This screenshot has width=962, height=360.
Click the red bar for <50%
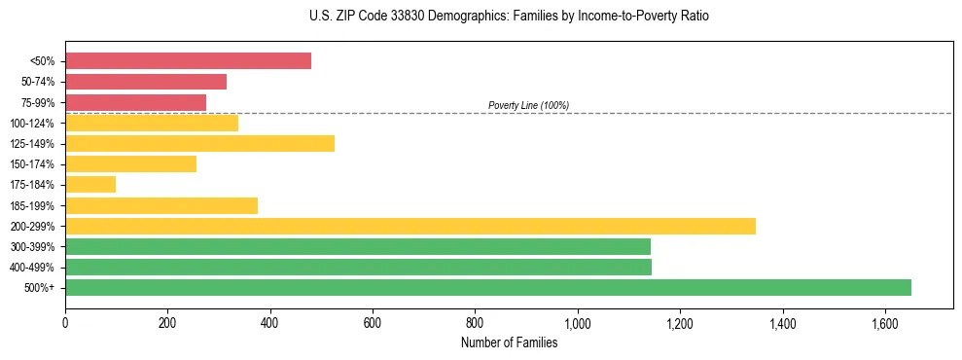188,61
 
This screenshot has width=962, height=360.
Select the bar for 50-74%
146,82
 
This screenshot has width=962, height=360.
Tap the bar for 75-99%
135,102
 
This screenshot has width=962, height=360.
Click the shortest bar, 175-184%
90,185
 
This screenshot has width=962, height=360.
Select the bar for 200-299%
410,226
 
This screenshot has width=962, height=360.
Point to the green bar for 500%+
487,288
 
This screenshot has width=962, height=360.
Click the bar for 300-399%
357,246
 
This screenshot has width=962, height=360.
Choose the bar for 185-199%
161,205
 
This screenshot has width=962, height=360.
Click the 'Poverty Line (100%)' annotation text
528,105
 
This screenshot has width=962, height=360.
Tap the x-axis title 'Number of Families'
510,342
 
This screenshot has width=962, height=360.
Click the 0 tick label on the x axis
65,322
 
